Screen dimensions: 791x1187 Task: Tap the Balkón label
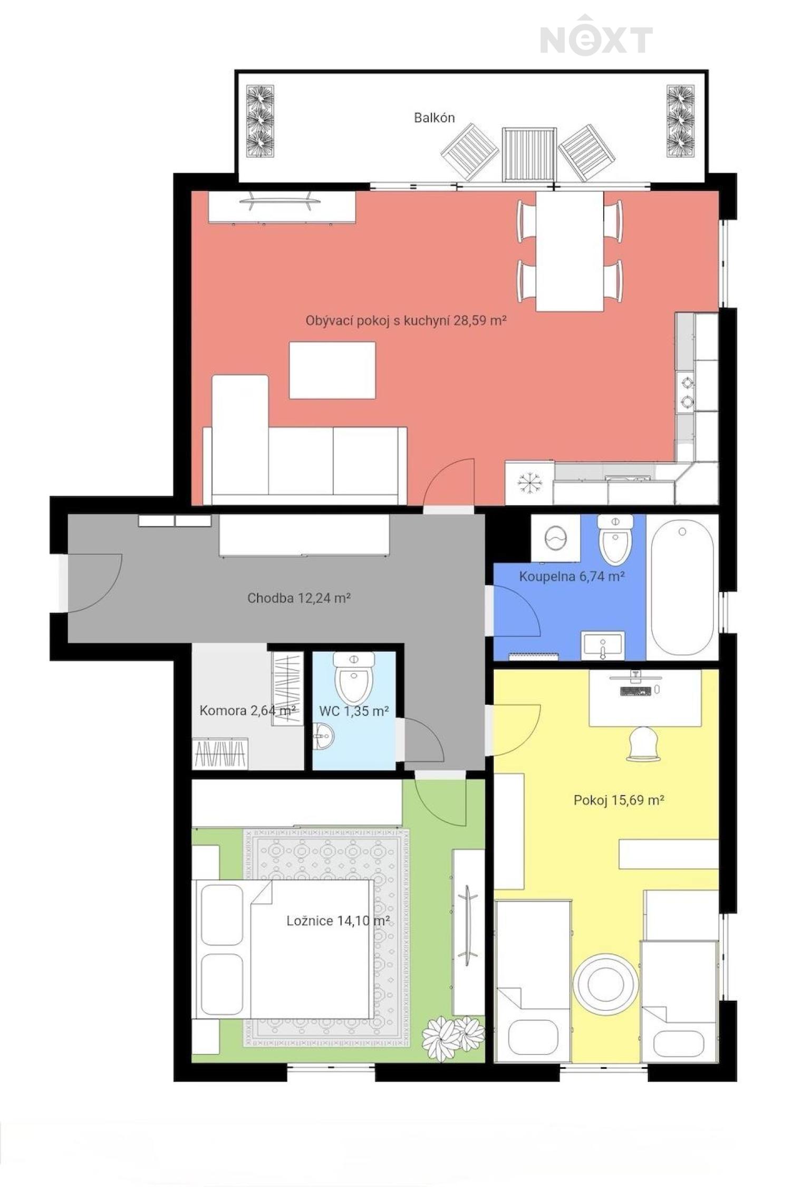[x=434, y=118]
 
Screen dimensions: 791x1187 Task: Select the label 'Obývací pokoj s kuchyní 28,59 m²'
[x=406, y=320]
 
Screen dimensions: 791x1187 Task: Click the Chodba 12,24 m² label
[x=299, y=598]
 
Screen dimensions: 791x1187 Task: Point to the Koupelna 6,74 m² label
[x=572, y=576]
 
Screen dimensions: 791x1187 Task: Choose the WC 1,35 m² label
[x=354, y=711]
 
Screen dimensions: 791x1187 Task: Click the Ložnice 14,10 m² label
[x=338, y=921]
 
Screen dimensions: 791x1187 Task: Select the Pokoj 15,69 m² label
[x=619, y=800]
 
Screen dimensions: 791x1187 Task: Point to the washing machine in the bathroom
[x=555, y=538]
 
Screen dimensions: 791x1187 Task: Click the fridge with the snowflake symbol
[x=529, y=482]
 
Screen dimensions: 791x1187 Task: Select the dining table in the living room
[x=570, y=251]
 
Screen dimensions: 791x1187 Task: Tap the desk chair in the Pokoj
[x=643, y=744]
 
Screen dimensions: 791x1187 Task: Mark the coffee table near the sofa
[x=332, y=370]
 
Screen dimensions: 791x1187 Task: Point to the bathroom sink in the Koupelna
[x=603, y=645]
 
